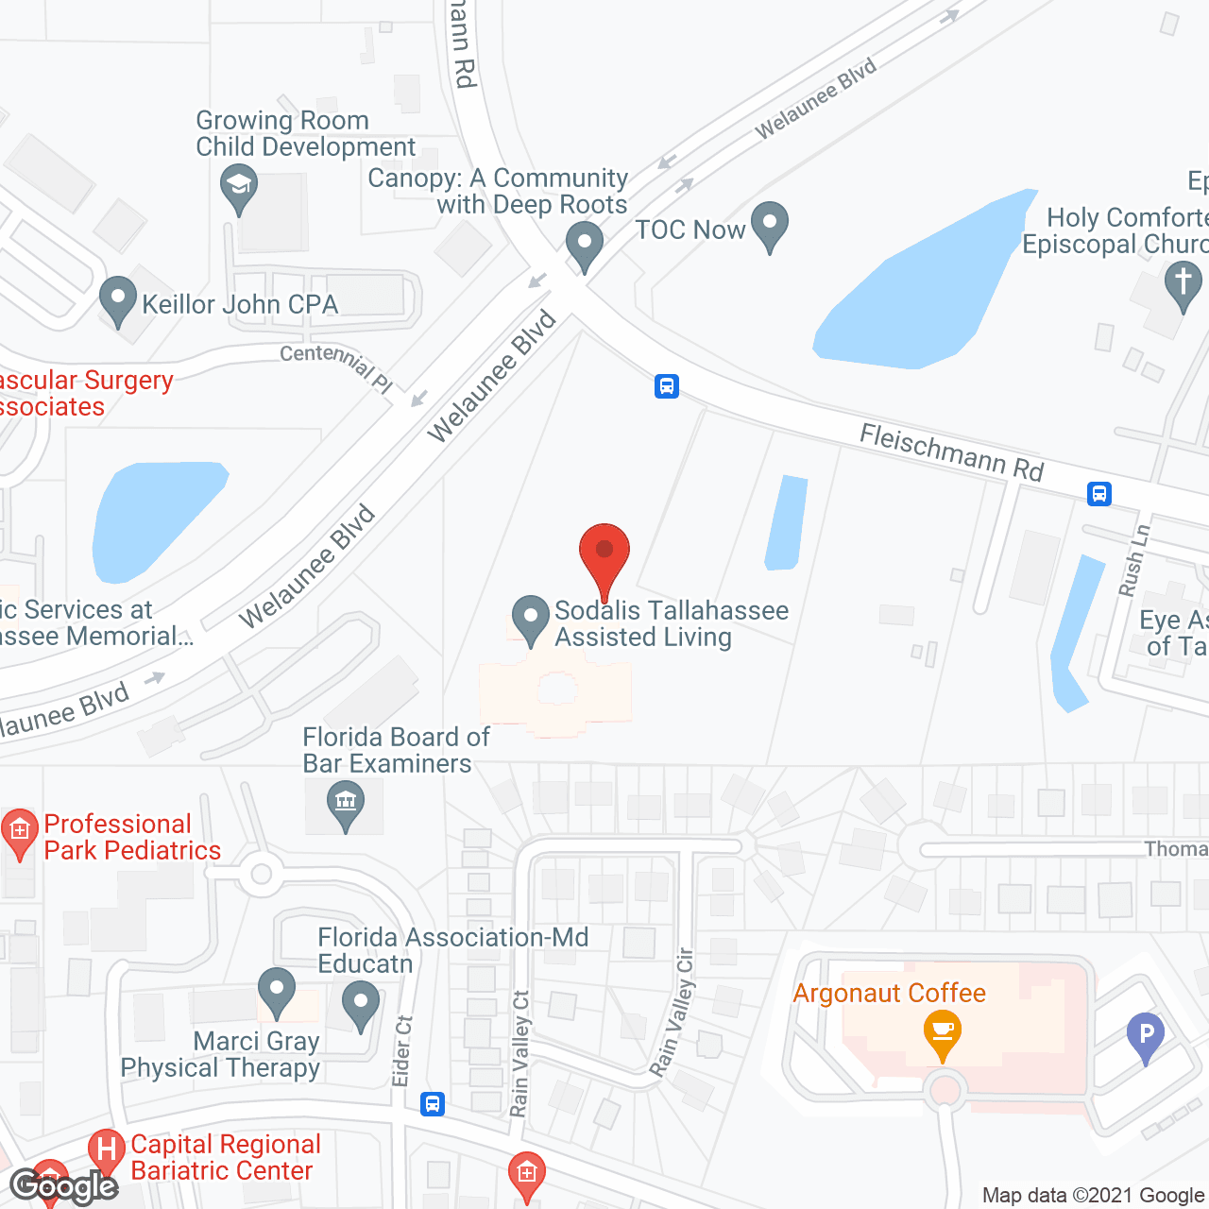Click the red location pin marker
604,553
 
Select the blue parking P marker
1146,1034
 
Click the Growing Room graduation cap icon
239,185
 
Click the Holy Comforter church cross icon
1183,284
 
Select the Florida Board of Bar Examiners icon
346,805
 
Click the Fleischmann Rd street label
951,452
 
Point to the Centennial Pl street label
336,366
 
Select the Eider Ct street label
403,1050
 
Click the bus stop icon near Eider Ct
433,1103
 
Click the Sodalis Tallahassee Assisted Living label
671,623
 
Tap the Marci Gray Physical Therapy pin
277,992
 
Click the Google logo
64,1186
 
